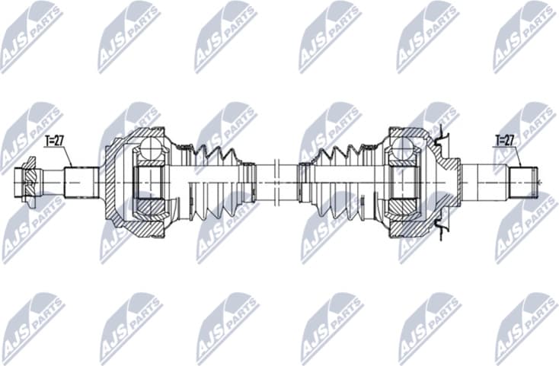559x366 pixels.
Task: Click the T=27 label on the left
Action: coord(55,141)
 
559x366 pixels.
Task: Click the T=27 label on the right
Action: coord(505,141)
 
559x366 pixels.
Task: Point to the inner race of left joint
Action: coord(152,183)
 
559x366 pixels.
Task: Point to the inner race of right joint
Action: coord(403,183)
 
